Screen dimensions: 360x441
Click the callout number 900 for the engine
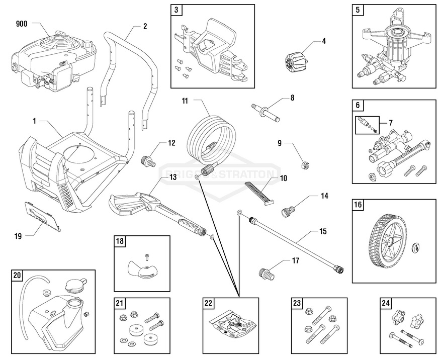coord(21,24)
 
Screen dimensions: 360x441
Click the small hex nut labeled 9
coord(304,164)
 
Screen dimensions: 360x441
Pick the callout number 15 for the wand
coord(323,232)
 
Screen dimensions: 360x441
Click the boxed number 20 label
coord(17,275)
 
